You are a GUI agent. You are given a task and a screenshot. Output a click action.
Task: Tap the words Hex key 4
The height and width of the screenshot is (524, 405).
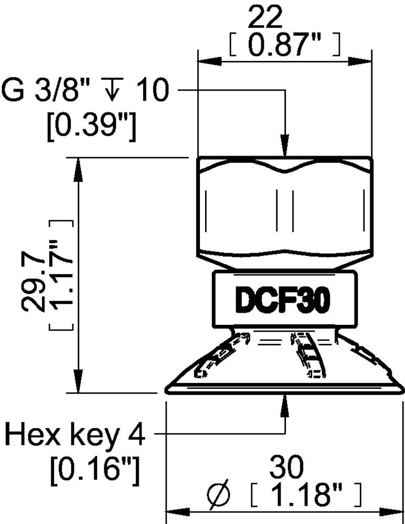pyautogui.click(x=74, y=434)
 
